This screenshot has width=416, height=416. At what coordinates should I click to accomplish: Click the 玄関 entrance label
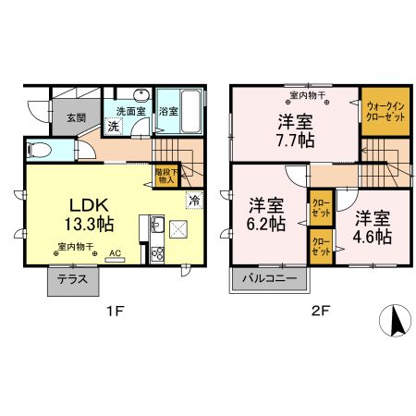tap(76, 117)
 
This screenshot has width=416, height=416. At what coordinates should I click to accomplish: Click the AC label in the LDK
tap(116, 251)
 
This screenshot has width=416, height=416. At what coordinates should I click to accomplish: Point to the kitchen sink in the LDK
tap(154, 225)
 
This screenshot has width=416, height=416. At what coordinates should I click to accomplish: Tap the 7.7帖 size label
tap(294, 140)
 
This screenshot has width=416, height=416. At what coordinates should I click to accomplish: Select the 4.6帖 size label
tap(373, 227)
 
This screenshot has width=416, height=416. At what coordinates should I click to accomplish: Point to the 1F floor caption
tap(113, 312)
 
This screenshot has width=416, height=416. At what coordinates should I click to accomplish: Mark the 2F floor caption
tap(320, 312)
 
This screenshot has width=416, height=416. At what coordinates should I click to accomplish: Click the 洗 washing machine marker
tap(114, 127)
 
